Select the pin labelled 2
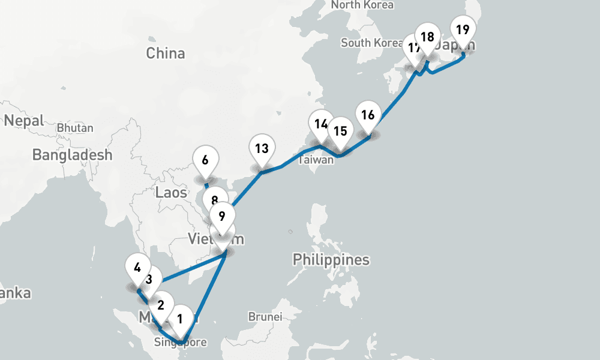(161, 305)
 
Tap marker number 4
(138, 267)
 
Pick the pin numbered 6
(205, 160)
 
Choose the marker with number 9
(222, 216)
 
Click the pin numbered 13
(262, 148)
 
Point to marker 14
(321, 124)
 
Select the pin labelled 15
(340, 131)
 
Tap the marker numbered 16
(368, 115)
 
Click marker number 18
(427, 37)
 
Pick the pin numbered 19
(463, 29)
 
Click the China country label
(166, 53)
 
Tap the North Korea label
(362, 5)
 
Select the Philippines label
(331, 260)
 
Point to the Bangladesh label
(72, 155)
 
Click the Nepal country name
(24, 121)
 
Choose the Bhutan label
(75, 128)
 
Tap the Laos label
(171, 193)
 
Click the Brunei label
(265, 316)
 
